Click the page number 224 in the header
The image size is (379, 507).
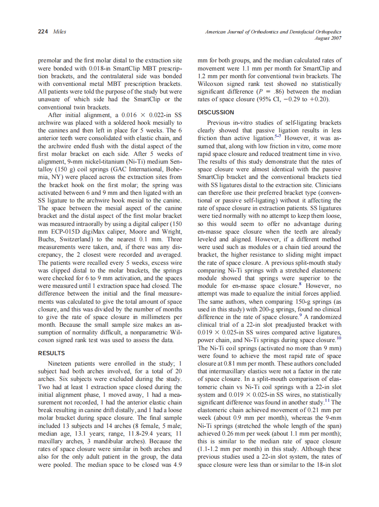coord(43,32)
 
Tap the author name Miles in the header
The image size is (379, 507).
coord(60,32)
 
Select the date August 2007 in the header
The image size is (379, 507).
coord(328,38)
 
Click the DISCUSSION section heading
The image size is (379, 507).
coord(216,112)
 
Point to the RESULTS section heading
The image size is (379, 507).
coord(51,353)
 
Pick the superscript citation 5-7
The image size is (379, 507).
coord(279,135)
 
